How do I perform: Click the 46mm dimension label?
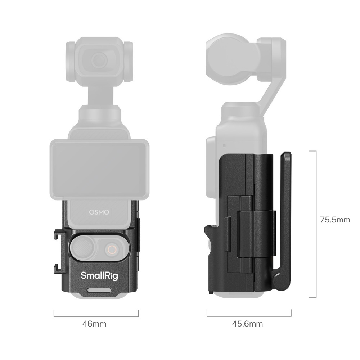coord(94,324)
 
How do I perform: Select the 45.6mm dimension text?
coord(247,324)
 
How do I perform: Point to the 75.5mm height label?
coord(335,220)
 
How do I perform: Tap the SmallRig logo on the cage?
coord(99,275)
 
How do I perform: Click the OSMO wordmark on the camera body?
coord(99,212)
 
